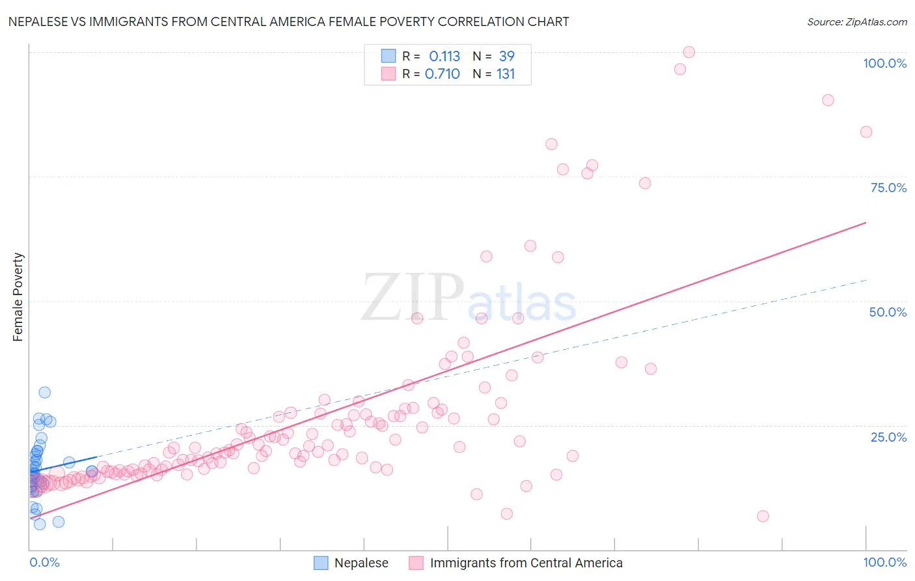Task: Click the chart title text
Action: (288, 21)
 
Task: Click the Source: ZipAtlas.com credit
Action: (856, 21)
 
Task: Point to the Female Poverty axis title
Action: (18, 297)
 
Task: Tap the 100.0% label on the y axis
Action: (884, 63)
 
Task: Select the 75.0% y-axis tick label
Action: (888, 188)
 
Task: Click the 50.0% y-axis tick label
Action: (888, 312)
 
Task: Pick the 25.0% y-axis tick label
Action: (888, 437)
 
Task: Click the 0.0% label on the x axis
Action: (44, 562)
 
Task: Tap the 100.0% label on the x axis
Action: (884, 562)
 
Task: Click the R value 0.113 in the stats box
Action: (444, 56)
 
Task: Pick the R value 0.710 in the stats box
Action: (443, 74)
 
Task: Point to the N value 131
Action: (506, 74)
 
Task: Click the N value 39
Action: (507, 56)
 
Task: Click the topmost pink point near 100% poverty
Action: (689, 52)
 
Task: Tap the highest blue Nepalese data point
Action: (44, 392)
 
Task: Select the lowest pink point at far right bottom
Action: (763, 516)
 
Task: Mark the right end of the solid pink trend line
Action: (866, 223)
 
